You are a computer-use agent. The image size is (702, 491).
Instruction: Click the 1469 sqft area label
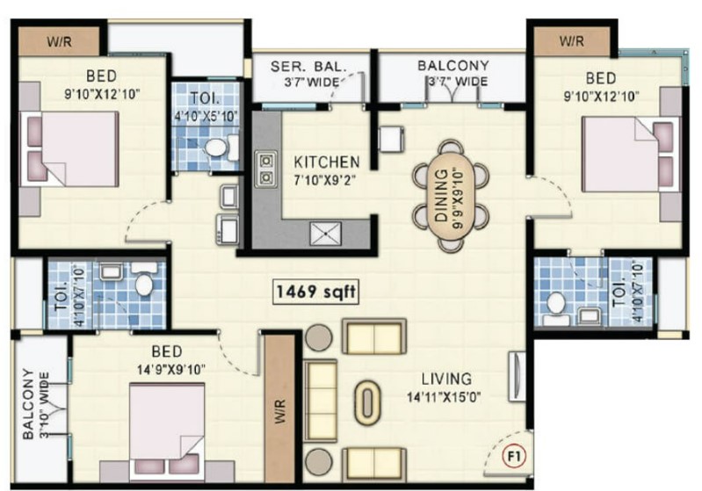[x=316, y=292]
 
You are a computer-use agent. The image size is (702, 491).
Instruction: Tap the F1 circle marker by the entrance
[x=514, y=457]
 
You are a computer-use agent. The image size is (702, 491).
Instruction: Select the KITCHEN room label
[x=326, y=162]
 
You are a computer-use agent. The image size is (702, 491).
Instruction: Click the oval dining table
[x=450, y=196]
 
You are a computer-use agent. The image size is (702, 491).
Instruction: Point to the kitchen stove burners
[x=265, y=168]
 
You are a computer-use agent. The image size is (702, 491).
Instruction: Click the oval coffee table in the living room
[x=367, y=403]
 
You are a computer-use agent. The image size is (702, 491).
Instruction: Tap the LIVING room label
[x=447, y=379]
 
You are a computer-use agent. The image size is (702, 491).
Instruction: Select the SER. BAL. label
[x=309, y=67]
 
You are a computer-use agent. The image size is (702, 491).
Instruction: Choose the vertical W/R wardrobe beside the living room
[x=279, y=408]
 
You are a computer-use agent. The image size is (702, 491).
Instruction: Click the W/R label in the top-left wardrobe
[x=59, y=41]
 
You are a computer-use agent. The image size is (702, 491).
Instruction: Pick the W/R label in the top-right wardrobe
[x=572, y=41]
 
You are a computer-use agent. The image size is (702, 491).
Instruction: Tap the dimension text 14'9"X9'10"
[x=171, y=370]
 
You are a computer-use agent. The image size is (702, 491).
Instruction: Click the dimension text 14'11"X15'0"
[x=444, y=396]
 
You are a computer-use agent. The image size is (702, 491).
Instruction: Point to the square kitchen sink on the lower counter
[x=325, y=234]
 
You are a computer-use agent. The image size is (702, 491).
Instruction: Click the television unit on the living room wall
[x=517, y=377]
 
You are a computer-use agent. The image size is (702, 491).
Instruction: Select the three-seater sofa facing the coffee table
[x=320, y=401]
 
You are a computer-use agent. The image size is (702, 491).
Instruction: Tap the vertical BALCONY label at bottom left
[x=28, y=404]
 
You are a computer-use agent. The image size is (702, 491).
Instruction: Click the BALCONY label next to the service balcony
[x=453, y=66]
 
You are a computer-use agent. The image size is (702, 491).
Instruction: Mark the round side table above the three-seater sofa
[x=318, y=337]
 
